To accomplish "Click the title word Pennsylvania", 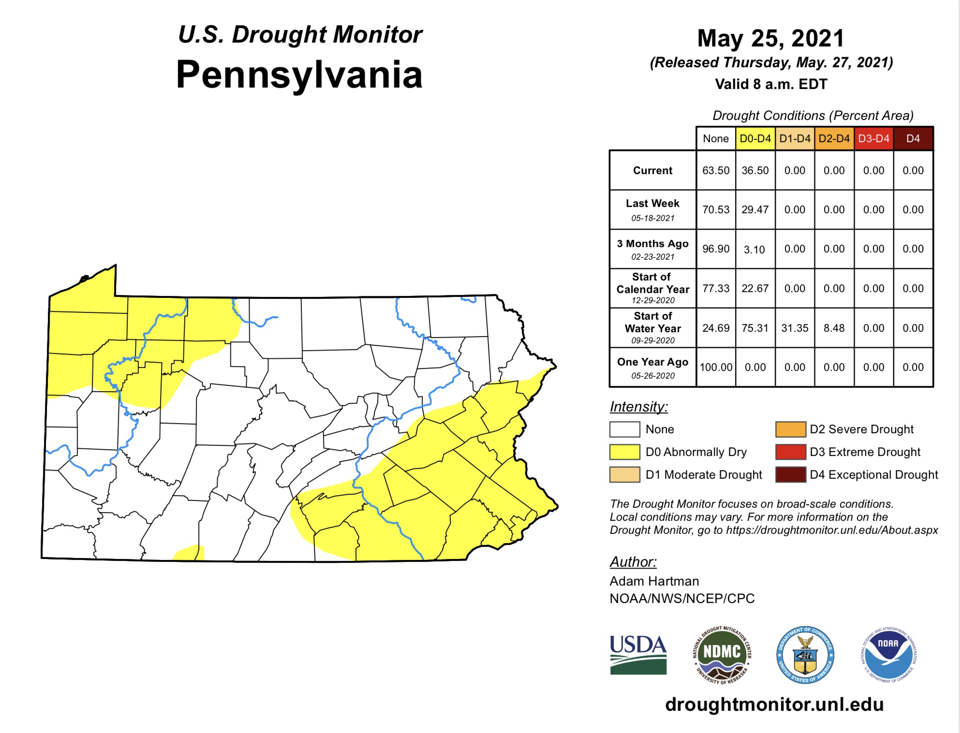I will click(x=299, y=75).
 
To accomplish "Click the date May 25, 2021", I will click(x=771, y=38).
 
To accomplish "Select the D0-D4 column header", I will click(x=755, y=139).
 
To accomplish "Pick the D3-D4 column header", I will click(x=873, y=139).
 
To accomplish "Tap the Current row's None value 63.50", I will click(x=716, y=171).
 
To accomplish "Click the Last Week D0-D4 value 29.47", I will click(x=755, y=210).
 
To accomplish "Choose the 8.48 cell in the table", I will click(x=834, y=328).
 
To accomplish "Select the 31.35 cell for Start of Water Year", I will click(x=795, y=328).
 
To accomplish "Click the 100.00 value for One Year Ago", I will click(x=716, y=367).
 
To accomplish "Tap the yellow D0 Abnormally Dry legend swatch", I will click(x=624, y=452).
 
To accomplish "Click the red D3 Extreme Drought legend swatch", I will click(x=790, y=452).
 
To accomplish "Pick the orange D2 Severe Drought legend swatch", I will click(x=790, y=429).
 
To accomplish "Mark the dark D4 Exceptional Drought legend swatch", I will click(x=790, y=475).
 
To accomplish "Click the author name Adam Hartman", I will click(x=654, y=581).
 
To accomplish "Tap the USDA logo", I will click(x=638, y=655).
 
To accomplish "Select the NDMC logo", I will click(x=722, y=655).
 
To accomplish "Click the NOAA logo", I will click(x=888, y=655).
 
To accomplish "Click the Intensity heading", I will click(x=638, y=407).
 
